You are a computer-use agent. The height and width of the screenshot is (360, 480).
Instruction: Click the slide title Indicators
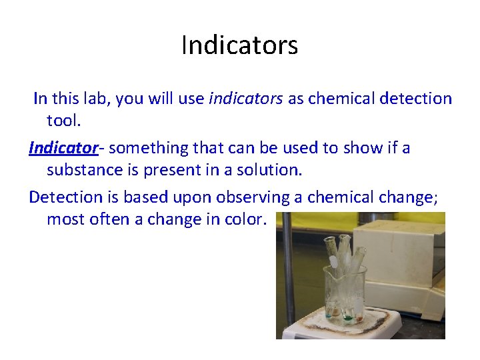coord(239,45)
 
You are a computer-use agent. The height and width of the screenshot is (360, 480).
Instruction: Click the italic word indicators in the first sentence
coord(246,99)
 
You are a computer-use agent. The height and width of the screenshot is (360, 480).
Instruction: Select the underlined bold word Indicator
coord(63,147)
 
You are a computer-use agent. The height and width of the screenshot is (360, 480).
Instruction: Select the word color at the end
coord(244,219)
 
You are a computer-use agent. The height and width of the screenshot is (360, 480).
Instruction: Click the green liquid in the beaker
coord(347,317)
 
